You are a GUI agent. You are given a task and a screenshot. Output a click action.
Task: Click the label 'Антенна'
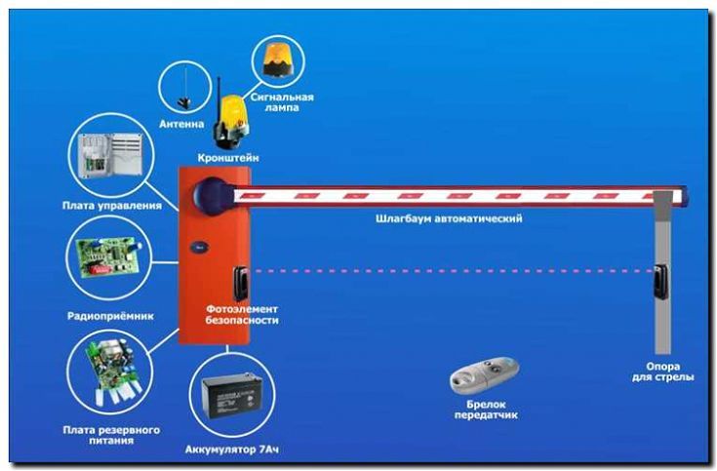181,124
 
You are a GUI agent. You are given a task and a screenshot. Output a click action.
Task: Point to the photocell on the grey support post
661,282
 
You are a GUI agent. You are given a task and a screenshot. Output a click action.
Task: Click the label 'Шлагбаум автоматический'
449,219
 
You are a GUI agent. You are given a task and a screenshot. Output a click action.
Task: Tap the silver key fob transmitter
485,373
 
